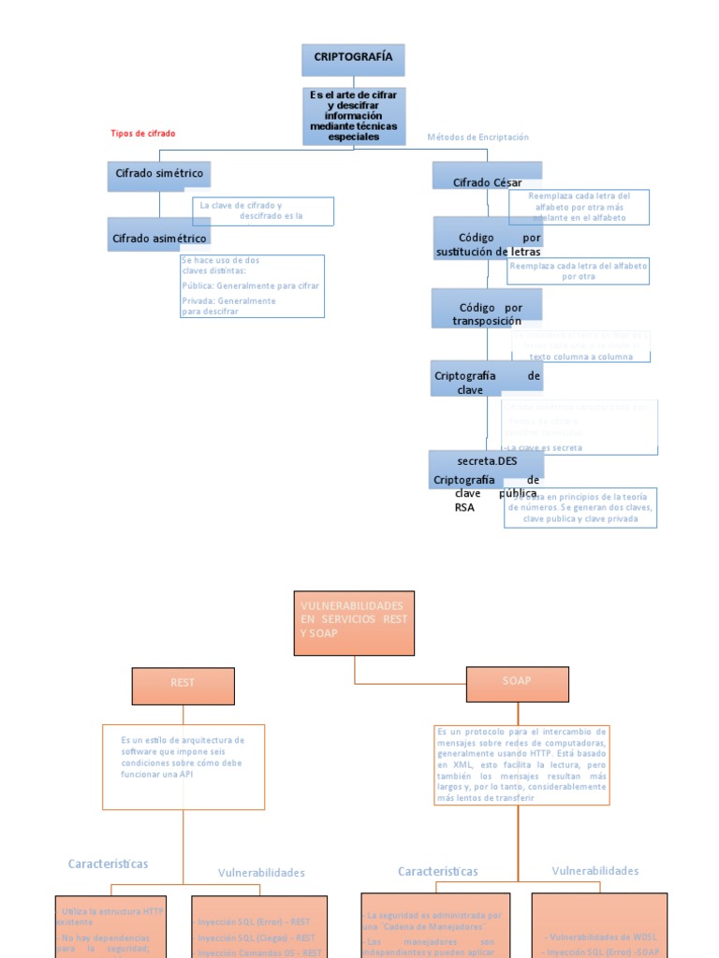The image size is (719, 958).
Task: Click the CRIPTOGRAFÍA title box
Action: (x=353, y=59)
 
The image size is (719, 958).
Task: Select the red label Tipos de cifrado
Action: (x=142, y=134)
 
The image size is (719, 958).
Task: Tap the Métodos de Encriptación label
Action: (x=477, y=138)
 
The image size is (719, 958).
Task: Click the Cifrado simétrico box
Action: (x=159, y=175)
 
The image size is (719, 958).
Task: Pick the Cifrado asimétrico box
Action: (x=159, y=239)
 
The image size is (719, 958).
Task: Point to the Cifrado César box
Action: (x=487, y=182)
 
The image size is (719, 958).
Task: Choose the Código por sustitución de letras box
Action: (x=488, y=245)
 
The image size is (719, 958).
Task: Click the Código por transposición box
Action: (x=487, y=314)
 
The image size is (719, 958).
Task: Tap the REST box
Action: (x=183, y=684)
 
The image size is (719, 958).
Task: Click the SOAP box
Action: (x=517, y=682)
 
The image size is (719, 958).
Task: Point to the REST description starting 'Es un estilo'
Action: (x=183, y=764)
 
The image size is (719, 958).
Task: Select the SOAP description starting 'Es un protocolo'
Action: (x=522, y=764)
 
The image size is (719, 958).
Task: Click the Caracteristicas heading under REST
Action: (x=108, y=864)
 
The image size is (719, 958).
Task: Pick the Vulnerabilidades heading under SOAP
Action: (x=594, y=871)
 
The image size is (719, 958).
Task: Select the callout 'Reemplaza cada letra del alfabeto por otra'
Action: (x=579, y=271)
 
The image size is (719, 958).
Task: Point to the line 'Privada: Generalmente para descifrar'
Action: (x=229, y=306)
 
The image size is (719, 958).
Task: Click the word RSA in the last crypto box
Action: (x=464, y=508)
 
